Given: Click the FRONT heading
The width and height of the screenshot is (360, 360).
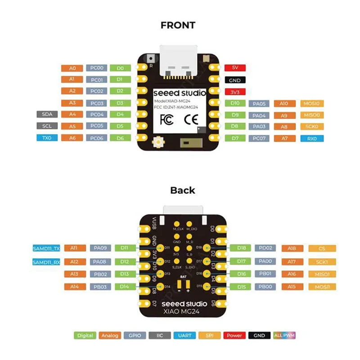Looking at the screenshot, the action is point(178,26).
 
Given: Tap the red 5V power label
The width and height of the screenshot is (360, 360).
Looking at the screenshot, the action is point(234,68).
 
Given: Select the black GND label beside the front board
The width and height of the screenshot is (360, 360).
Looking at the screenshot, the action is point(234,80).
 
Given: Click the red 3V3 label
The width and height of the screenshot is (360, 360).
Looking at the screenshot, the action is point(234,92).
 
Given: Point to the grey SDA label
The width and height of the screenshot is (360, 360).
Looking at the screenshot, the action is point(47,114).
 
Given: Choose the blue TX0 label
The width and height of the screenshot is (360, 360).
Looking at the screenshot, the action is point(47,138).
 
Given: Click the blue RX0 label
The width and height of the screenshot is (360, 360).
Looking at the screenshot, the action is point(311,138).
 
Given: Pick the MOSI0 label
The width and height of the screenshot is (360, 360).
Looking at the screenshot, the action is point(311,103).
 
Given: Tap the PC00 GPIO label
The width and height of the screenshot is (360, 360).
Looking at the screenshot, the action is point(97,68).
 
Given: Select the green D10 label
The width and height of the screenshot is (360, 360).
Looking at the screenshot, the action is point(234,103).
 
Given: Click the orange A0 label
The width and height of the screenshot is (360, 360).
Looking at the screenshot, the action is point(72,68).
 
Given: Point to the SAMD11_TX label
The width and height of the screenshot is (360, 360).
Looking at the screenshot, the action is point(46,248).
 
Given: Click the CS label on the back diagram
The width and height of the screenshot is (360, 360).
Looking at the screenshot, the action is point(321,248).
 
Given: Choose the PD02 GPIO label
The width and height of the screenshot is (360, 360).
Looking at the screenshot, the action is point(265,248).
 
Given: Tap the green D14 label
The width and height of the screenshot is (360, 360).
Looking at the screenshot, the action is point(125,287).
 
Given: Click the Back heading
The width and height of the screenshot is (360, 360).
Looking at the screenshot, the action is point(183,190).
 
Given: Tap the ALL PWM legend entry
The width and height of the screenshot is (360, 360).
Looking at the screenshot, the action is point(284,335).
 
